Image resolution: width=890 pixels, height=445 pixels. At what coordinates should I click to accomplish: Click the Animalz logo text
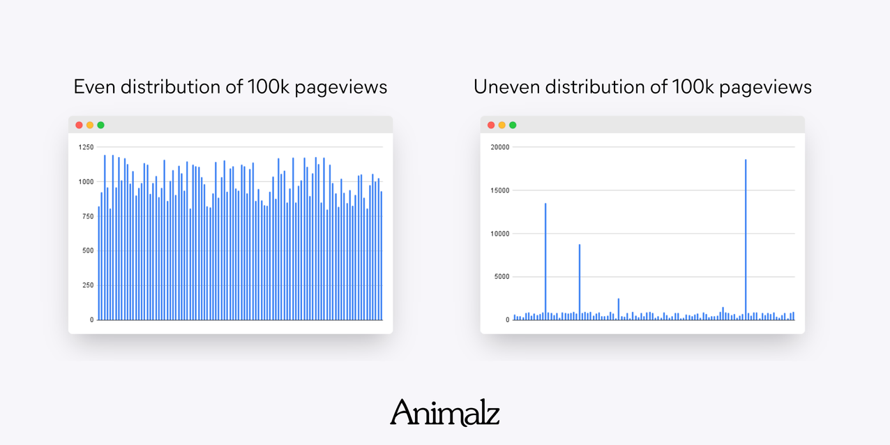coord(444,412)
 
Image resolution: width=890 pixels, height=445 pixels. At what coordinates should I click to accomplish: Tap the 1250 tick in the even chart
coord(86,147)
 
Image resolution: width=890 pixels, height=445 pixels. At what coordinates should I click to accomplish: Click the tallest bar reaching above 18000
coord(746,237)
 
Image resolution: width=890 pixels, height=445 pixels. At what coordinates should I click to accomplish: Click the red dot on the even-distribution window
coord(79,126)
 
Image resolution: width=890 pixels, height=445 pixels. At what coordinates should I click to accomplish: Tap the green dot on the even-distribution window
coord(100,126)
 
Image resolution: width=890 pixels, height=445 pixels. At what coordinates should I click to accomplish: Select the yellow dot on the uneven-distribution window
coord(501,126)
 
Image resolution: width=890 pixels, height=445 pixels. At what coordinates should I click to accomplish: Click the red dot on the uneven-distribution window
coord(491,126)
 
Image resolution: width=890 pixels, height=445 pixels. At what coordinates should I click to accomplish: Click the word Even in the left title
coord(94,87)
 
